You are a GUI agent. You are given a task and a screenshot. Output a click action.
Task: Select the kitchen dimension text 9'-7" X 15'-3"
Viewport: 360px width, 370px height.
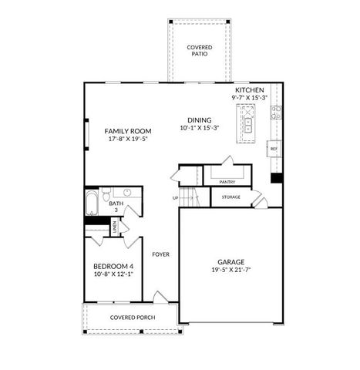tap(251, 98)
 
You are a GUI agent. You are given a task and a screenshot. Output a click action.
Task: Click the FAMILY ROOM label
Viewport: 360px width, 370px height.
tap(128, 131)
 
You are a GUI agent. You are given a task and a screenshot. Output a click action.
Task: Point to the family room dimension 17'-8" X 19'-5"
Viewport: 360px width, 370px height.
tap(128, 140)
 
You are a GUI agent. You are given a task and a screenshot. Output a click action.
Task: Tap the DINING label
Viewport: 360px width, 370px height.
tap(199, 119)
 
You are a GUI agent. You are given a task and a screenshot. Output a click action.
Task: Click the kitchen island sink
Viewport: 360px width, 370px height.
tap(249, 122)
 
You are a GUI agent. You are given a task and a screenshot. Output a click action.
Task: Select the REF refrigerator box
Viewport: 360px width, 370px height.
tap(273, 148)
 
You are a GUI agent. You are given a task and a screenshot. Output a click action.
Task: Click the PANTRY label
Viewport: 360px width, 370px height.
tap(227, 182)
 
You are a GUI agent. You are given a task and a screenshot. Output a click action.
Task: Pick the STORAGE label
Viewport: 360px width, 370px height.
tap(230, 197)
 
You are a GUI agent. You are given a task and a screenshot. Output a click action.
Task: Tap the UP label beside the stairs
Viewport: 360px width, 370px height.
tap(176, 198)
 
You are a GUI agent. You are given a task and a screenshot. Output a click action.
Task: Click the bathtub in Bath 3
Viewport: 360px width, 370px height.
tap(92, 203)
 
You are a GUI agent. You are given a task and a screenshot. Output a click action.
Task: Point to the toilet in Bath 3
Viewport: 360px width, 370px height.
tap(107, 194)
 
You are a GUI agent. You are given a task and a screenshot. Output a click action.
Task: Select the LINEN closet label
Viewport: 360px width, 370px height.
tap(114, 227)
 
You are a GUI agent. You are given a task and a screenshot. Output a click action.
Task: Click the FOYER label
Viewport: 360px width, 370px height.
tap(160, 254)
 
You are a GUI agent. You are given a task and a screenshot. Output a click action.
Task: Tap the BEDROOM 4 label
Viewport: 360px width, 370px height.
tap(109, 266)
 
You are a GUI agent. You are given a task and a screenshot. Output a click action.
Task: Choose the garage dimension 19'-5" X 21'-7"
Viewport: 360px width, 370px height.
tap(230, 271)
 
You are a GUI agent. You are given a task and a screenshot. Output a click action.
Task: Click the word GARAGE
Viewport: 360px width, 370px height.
tap(230, 262)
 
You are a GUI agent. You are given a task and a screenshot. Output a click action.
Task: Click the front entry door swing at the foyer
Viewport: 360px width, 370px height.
tap(160, 297)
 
